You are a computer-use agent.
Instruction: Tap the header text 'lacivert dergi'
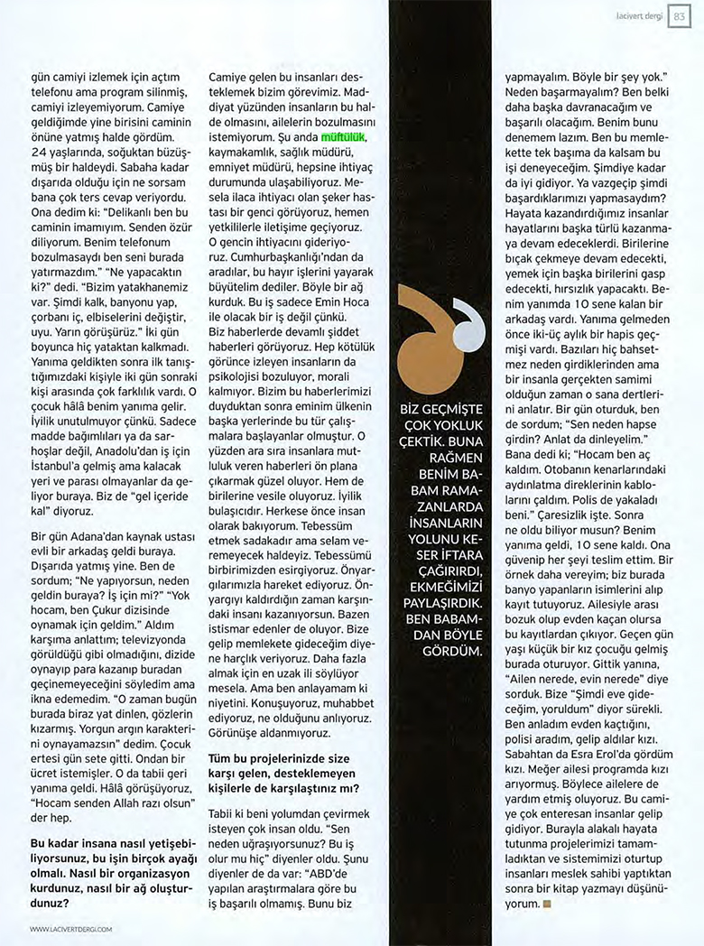tap(640, 17)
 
